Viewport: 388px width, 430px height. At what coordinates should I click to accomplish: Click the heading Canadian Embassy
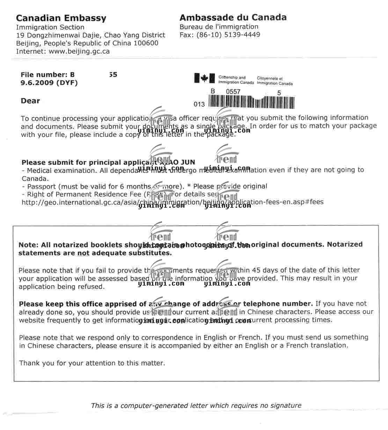61,18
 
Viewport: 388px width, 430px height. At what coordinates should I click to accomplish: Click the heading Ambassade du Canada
233,17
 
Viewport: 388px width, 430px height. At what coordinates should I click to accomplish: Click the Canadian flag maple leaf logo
204,79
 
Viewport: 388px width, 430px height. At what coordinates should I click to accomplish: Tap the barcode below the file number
251,102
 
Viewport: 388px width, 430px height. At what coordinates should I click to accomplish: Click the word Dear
30,101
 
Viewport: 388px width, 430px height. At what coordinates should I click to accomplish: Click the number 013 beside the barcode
199,104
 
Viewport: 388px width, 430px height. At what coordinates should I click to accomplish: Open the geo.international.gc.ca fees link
173,202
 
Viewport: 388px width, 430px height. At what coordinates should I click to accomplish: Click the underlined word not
83,253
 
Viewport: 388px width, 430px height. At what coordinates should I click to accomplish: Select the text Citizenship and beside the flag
232,78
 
